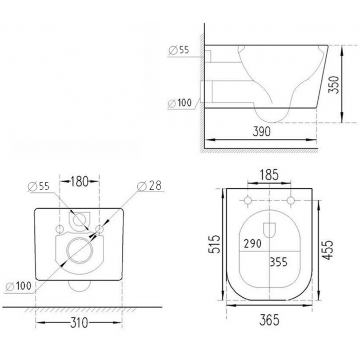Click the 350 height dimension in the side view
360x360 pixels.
point(334,84)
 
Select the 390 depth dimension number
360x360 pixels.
point(261,132)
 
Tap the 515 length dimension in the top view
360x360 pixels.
point(214,244)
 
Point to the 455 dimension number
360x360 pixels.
point(327,250)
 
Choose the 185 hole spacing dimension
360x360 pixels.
point(269,174)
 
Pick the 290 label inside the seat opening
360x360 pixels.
point(253,244)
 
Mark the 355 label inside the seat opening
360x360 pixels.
point(279,262)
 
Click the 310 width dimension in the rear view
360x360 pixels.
point(79,322)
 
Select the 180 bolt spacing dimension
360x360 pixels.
point(79,182)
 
